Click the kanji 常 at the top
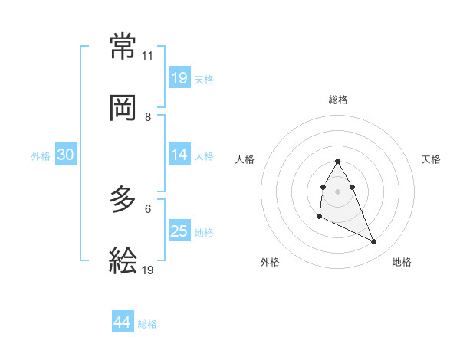(123, 47)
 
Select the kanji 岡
(123, 108)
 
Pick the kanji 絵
(123, 261)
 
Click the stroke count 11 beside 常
(147, 56)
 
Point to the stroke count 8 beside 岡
(147, 116)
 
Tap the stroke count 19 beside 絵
(147, 270)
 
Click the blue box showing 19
(179, 78)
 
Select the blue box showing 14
(179, 155)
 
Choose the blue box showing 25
(179, 231)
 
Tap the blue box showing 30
(65, 155)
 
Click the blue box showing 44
(123, 322)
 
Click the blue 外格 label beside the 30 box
(41, 155)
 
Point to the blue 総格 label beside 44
(147, 324)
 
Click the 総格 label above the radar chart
(338, 100)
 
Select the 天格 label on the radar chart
(432, 159)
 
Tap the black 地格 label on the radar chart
(402, 262)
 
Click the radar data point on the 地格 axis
(374, 242)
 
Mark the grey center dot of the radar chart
(337, 190)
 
